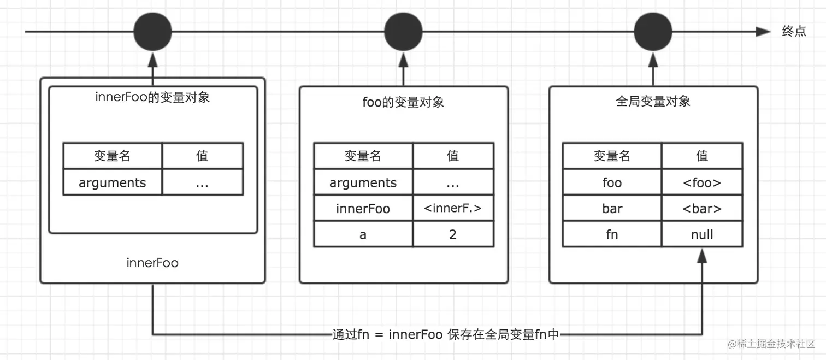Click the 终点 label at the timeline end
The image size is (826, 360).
click(794, 32)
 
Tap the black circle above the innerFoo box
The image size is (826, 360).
click(152, 32)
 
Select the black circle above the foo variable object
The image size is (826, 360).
click(403, 32)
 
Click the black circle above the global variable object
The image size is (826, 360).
click(653, 32)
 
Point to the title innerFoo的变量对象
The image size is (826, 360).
click(152, 98)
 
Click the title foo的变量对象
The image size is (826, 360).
click(403, 102)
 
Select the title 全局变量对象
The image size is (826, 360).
click(653, 102)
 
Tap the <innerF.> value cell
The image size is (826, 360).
click(453, 208)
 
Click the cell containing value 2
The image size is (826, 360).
click(453, 234)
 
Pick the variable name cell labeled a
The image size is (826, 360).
click(363, 234)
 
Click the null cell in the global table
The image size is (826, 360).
click(702, 234)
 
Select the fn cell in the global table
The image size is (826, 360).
click(612, 234)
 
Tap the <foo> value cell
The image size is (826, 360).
click(702, 182)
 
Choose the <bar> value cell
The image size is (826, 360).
click(702, 208)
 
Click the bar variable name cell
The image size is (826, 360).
click(612, 208)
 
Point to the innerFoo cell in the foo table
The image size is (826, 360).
click(363, 208)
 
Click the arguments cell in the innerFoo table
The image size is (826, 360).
click(113, 182)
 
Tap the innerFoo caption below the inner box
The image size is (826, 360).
click(152, 263)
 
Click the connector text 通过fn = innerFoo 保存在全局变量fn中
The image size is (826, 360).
click(445, 334)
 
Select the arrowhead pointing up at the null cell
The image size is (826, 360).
click(702, 255)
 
